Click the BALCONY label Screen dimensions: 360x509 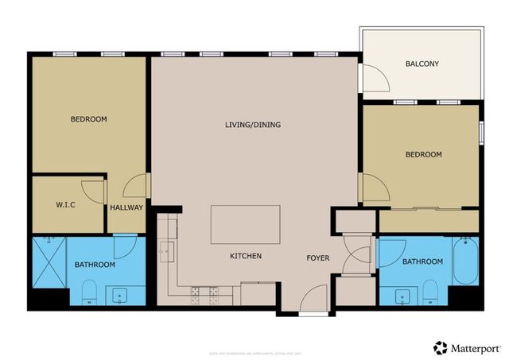point(422,64)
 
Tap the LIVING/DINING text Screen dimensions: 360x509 point(253,125)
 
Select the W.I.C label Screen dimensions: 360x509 point(65,205)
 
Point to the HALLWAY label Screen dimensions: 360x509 point(126,207)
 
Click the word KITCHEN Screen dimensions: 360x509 point(246,256)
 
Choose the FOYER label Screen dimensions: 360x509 point(318,257)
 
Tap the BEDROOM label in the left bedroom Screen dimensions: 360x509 point(88,119)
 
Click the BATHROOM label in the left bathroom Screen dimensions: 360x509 point(95,265)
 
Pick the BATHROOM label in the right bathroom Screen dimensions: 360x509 point(422,261)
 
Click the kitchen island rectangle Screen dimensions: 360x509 point(245,225)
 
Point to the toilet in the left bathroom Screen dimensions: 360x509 point(89,292)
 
